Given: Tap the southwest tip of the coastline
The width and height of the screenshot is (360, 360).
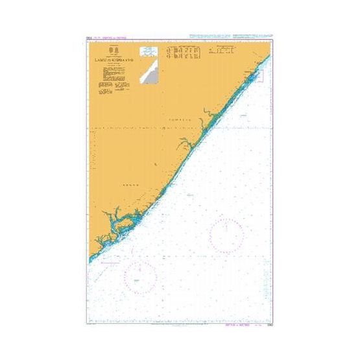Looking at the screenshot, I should click(90, 261).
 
